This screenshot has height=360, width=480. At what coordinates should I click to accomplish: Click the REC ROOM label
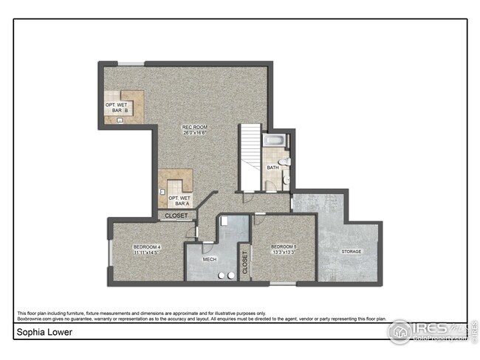click(195, 127)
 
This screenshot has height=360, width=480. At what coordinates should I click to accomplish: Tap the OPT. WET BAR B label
click(117, 108)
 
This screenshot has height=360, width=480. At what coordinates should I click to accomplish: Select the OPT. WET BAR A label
click(179, 200)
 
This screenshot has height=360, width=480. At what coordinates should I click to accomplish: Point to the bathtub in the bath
click(275, 141)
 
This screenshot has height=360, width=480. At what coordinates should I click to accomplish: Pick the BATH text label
click(272, 167)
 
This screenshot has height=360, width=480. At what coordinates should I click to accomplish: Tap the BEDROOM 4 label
click(146, 246)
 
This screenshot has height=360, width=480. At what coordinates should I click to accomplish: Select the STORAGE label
click(351, 252)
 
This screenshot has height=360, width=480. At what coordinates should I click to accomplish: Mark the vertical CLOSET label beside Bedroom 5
click(244, 262)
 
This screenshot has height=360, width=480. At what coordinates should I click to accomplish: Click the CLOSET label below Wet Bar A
click(176, 215)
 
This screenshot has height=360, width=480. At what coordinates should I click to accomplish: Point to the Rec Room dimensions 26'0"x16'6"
click(195, 134)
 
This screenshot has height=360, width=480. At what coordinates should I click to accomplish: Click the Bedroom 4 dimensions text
click(146, 252)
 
